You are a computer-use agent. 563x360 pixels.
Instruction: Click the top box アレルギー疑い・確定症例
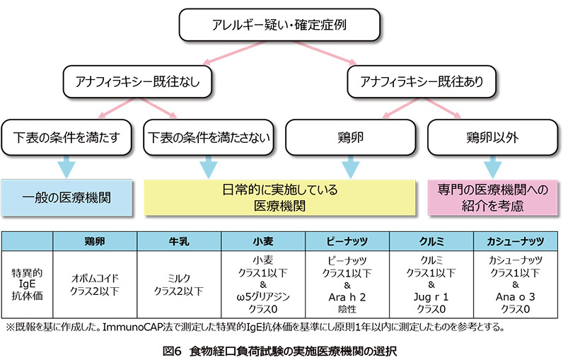pyautogui.click(x=279, y=25)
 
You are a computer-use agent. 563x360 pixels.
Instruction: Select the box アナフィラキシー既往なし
pyautogui.click(x=137, y=81)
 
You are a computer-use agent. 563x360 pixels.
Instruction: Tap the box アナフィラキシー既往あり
pyautogui.click(x=422, y=81)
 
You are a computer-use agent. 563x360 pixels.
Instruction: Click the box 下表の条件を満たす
pyautogui.click(x=66, y=137)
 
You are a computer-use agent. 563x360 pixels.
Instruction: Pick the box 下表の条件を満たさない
pyautogui.click(x=209, y=137)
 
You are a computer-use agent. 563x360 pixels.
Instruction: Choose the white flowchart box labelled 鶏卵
pyautogui.click(x=350, y=137)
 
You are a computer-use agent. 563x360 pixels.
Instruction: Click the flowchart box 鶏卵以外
pyautogui.click(x=492, y=137)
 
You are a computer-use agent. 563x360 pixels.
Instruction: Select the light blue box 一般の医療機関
pyautogui.click(x=66, y=198)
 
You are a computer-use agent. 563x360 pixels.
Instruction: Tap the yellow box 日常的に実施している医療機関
pyautogui.click(x=279, y=198)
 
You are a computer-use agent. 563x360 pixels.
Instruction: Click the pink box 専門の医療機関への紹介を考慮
pyautogui.click(x=492, y=198)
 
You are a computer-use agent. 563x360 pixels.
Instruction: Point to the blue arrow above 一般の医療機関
pyautogui.click(x=66, y=167)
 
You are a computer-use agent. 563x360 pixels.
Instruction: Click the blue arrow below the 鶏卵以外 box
pyautogui.click(x=492, y=167)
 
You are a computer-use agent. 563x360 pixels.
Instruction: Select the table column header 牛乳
pyautogui.click(x=179, y=241)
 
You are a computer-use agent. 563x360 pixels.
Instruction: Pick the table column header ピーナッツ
pyautogui.click(x=347, y=241)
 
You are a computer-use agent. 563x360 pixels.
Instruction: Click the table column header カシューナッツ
pyautogui.click(x=516, y=241)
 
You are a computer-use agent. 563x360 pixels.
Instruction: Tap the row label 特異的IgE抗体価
pyautogui.click(x=28, y=284)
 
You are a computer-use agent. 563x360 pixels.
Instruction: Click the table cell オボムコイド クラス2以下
pyautogui.click(x=95, y=284)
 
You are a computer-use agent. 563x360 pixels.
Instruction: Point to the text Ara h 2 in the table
pyautogui.click(x=347, y=297)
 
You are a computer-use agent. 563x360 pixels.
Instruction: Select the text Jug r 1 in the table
pyautogui.click(x=431, y=297)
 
